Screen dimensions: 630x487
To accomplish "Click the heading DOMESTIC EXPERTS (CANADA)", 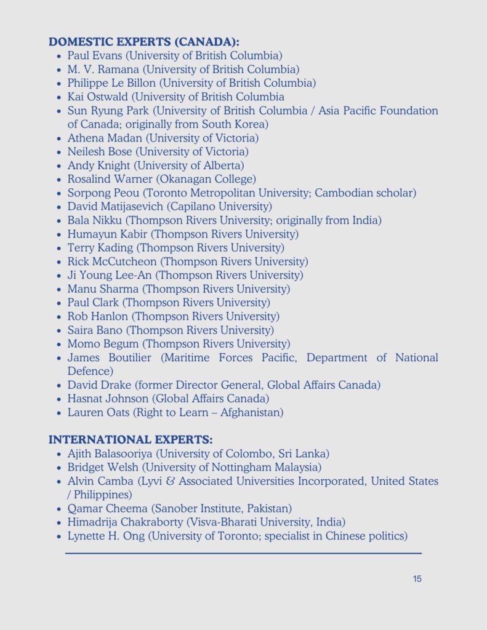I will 143,42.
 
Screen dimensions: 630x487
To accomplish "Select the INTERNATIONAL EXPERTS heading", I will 131,440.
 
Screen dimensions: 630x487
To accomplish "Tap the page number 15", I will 417,579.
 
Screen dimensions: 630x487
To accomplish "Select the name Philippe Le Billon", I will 108,83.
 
